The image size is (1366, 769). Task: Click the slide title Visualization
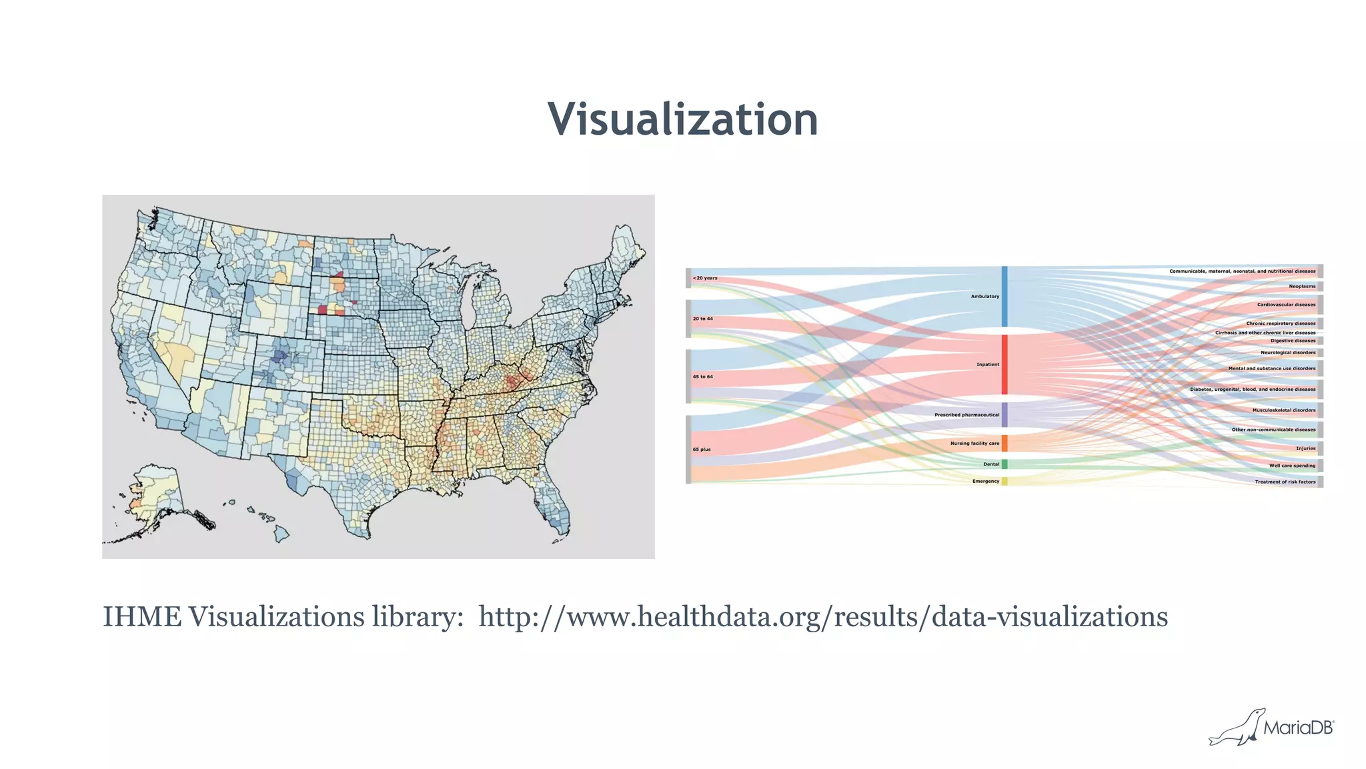point(683,119)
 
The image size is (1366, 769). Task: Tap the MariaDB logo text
point(1298,728)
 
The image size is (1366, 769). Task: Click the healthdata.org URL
point(823,617)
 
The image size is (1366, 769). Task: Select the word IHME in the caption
point(141,617)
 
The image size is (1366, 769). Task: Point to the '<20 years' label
point(705,278)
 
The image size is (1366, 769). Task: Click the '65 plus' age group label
point(702,450)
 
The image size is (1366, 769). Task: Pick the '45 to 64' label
point(702,377)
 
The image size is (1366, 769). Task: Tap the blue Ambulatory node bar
point(1004,296)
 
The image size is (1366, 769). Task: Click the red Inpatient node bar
point(1004,364)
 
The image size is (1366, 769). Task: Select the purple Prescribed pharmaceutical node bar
point(1004,415)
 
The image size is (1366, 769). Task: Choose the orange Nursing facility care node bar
point(1004,444)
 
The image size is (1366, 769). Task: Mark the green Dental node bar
point(1004,464)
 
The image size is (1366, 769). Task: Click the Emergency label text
point(986,481)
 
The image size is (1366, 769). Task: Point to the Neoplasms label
point(1302,287)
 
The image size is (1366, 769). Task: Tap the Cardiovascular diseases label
point(1286,305)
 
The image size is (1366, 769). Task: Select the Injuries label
point(1306,448)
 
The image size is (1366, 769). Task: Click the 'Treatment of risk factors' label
point(1285,482)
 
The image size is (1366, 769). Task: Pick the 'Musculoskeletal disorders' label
point(1284,410)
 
